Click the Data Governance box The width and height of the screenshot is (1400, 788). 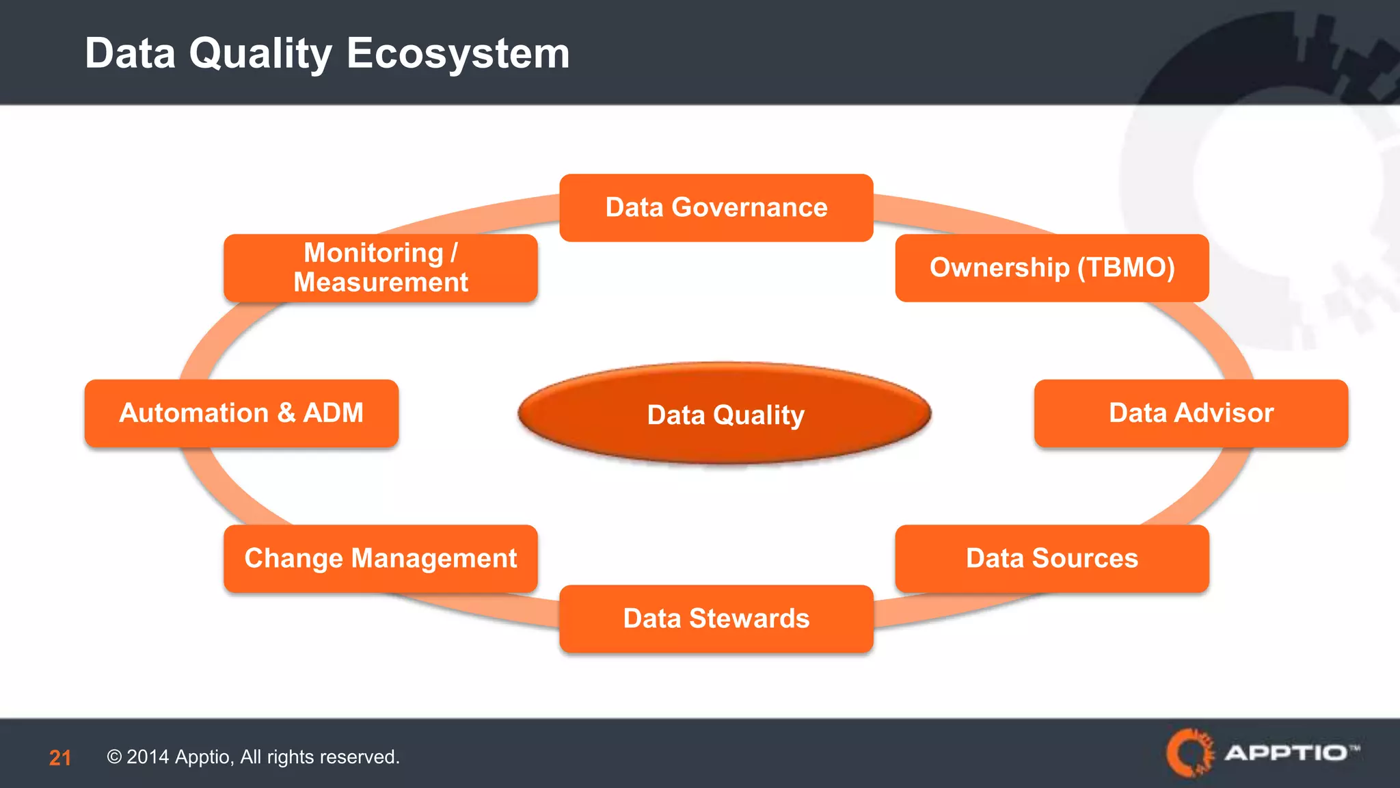click(x=716, y=207)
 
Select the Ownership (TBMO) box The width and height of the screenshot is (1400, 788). click(x=1052, y=267)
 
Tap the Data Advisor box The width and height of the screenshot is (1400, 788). click(x=1191, y=413)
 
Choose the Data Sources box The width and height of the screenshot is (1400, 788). click(x=1052, y=558)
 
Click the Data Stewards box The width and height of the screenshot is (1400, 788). click(x=716, y=618)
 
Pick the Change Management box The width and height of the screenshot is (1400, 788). click(x=380, y=558)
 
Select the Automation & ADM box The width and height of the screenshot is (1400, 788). click(x=241, y=413)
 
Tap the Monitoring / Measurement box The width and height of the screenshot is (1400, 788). click(x=380, y=267)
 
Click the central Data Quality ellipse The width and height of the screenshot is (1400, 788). click(x=725, y=415)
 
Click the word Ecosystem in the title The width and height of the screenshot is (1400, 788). click(x=458, y=53)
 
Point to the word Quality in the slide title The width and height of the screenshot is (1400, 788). click(x=260, y=53)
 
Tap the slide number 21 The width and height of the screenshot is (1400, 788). click(x=60, y=757)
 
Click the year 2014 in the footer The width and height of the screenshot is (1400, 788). click(x=148, y=757)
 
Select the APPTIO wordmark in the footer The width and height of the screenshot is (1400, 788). click(x=1285, y=753)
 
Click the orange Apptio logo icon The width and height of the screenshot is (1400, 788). click(x=1189, y=752)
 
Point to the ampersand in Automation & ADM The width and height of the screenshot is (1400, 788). click(x=286, y=413)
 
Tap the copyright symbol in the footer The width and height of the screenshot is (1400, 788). click(x=114, y=757)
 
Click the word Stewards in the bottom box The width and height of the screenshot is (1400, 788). click(x=749, y=618)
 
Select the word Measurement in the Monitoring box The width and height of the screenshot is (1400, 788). click(x=380, y=283)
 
